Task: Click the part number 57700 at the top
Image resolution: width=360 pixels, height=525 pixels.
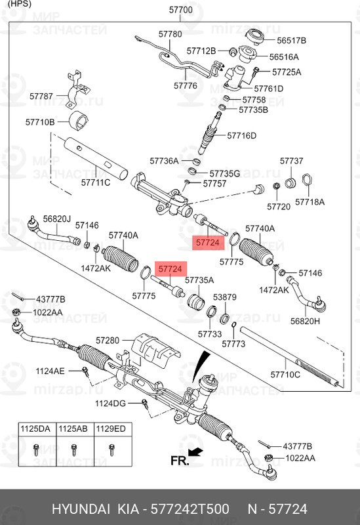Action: [180, 10]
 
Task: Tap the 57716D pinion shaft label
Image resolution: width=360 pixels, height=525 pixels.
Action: [241, 136]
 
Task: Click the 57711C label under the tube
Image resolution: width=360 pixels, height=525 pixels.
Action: [96, 182]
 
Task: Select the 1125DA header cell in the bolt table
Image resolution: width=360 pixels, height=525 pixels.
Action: [36, 429]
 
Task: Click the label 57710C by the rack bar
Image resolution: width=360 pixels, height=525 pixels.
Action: [285, 375]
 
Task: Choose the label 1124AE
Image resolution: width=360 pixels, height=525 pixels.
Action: [50, 371]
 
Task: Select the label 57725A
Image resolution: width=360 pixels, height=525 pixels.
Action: [287, 72]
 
